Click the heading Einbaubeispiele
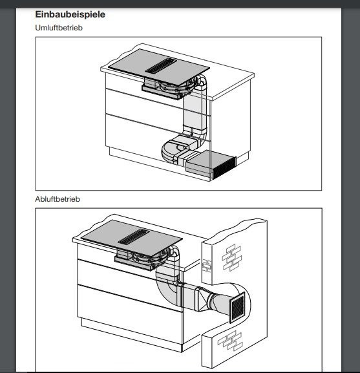point(70,14)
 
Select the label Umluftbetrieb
point(59,28)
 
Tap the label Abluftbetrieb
point(58,199)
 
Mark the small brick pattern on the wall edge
point(206,265)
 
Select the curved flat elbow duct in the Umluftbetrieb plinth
point(171,153)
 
